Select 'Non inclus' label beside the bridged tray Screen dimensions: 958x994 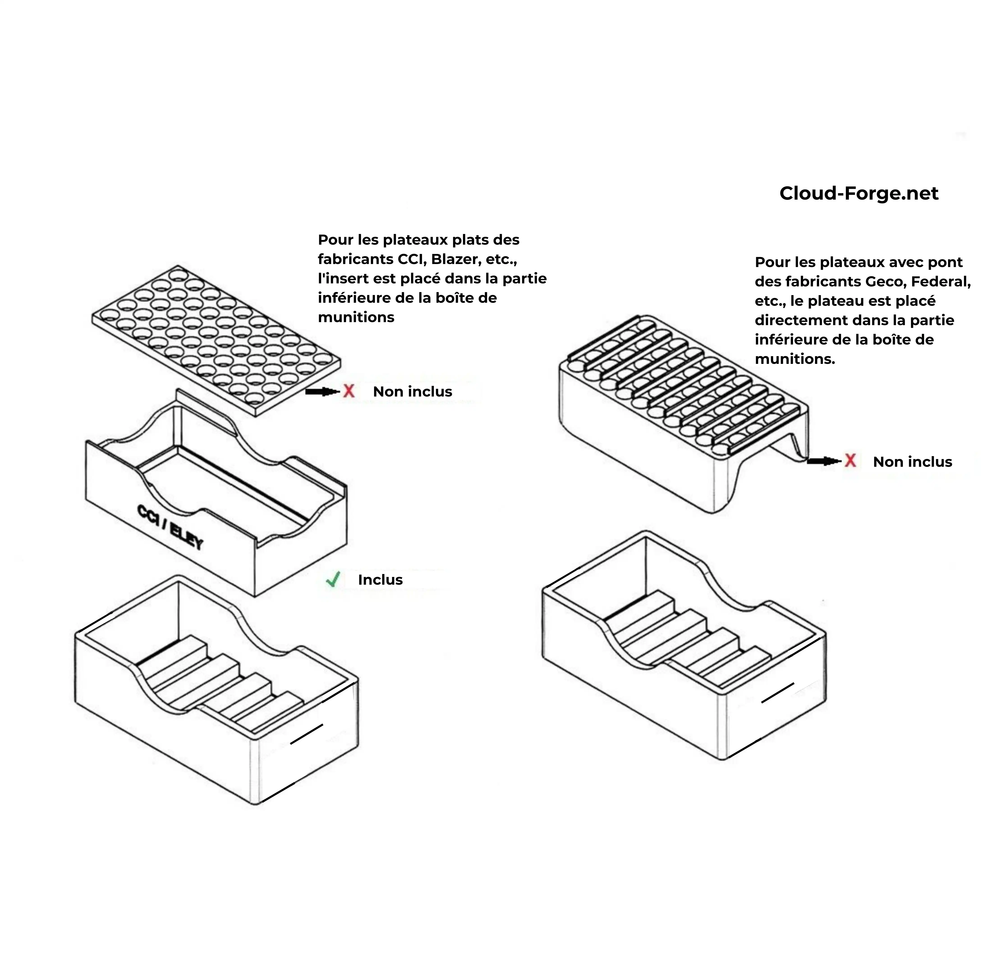pyautogui.click(x=912, y=462)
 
